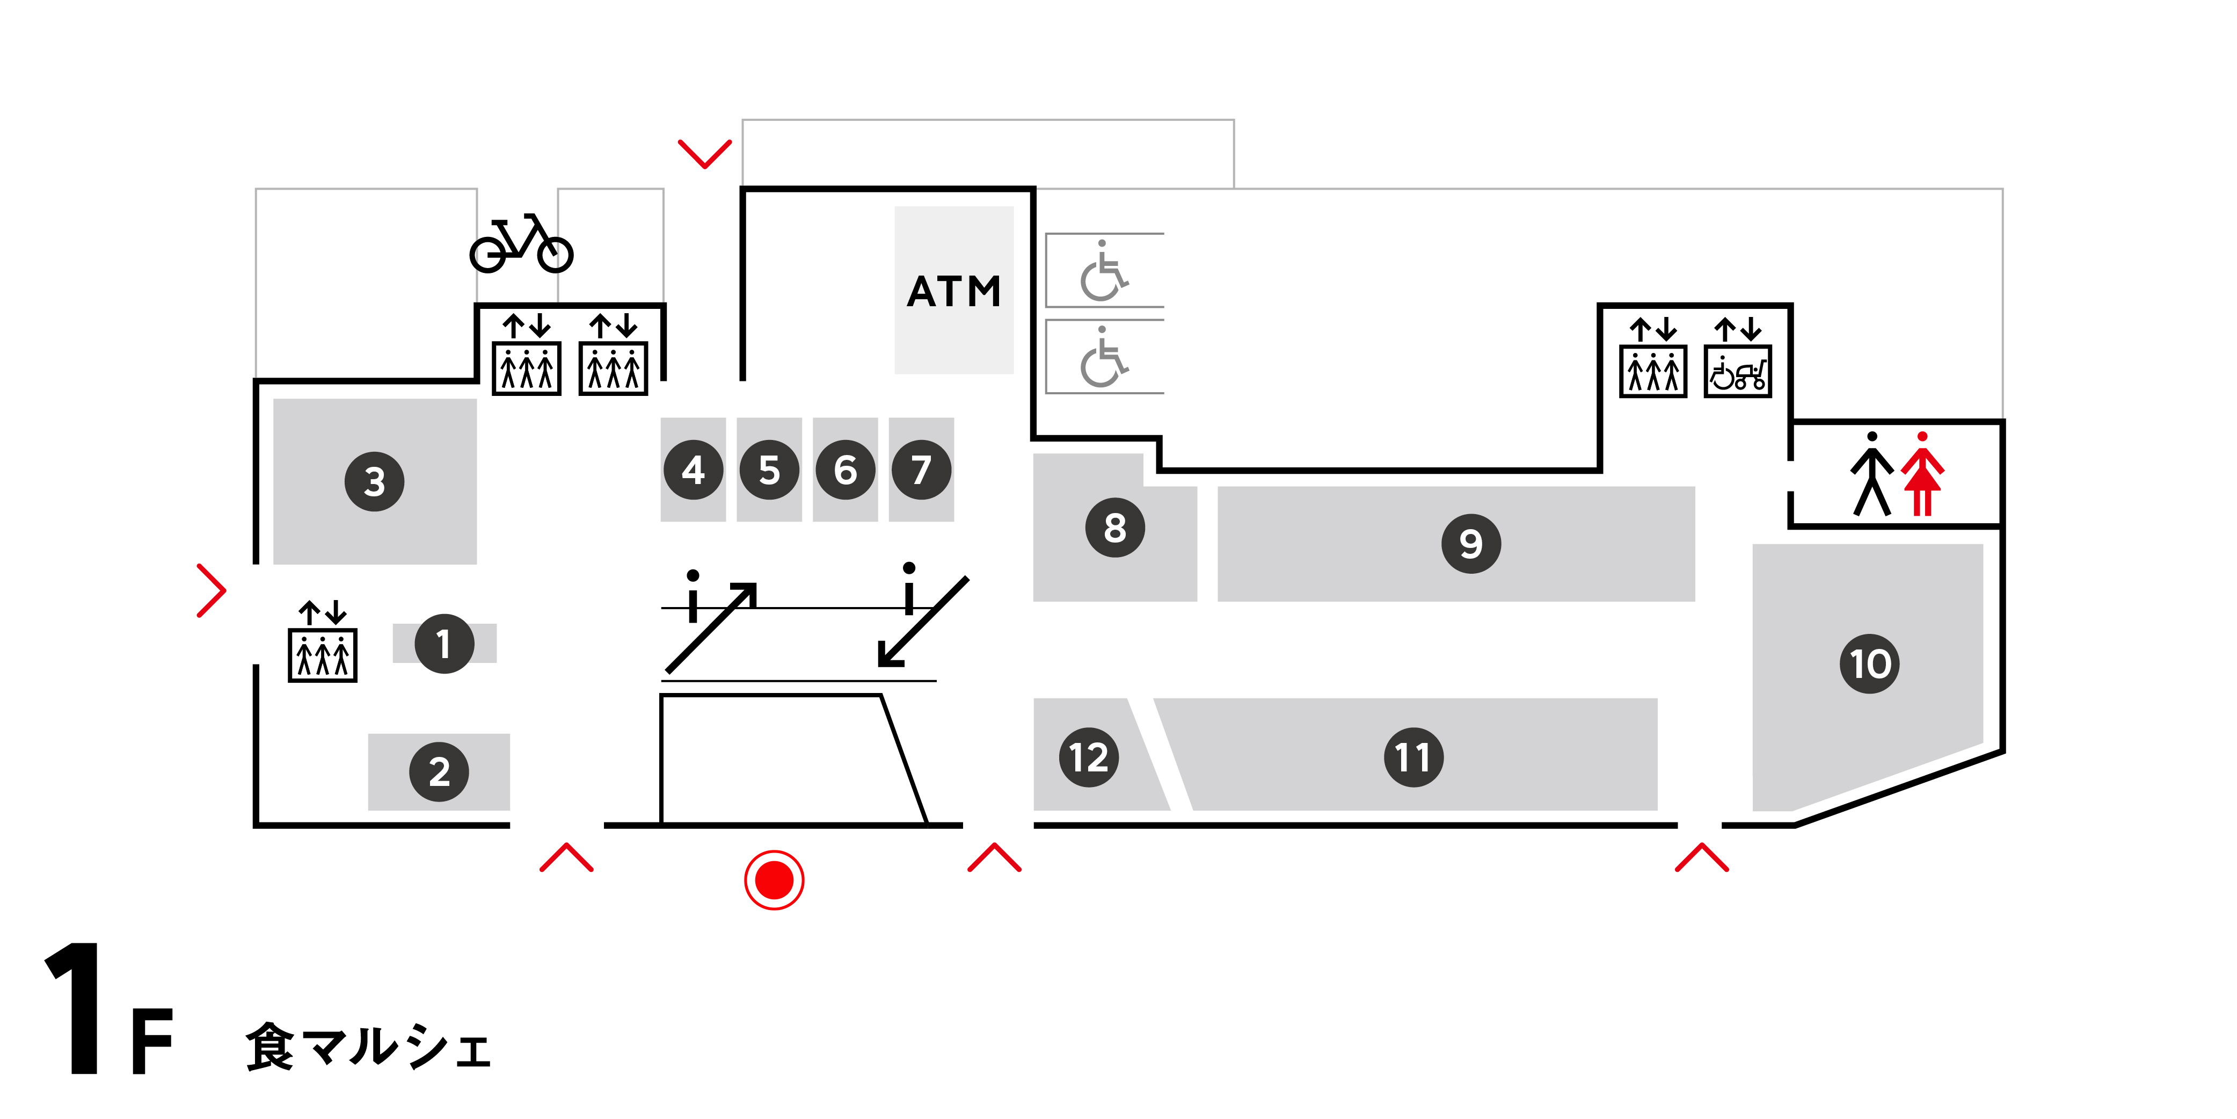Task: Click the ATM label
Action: click(x=953, y=291)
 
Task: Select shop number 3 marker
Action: click(x=374, y=481)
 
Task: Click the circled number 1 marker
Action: click(x=444, y=644)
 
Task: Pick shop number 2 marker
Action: click(x=440, y=771)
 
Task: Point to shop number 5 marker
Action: click(x=769, y=470)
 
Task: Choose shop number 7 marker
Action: click(x=921, y=470)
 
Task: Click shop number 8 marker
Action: click(x=1115, y=528)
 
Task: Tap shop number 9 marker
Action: click(x=1471, y=544)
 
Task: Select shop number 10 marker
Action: click(x=1870, y=664)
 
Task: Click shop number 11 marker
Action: click(x=1413, y=757)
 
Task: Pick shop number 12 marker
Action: click(x=1089, y=757)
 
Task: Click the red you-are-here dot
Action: click(x=774, y=880)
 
